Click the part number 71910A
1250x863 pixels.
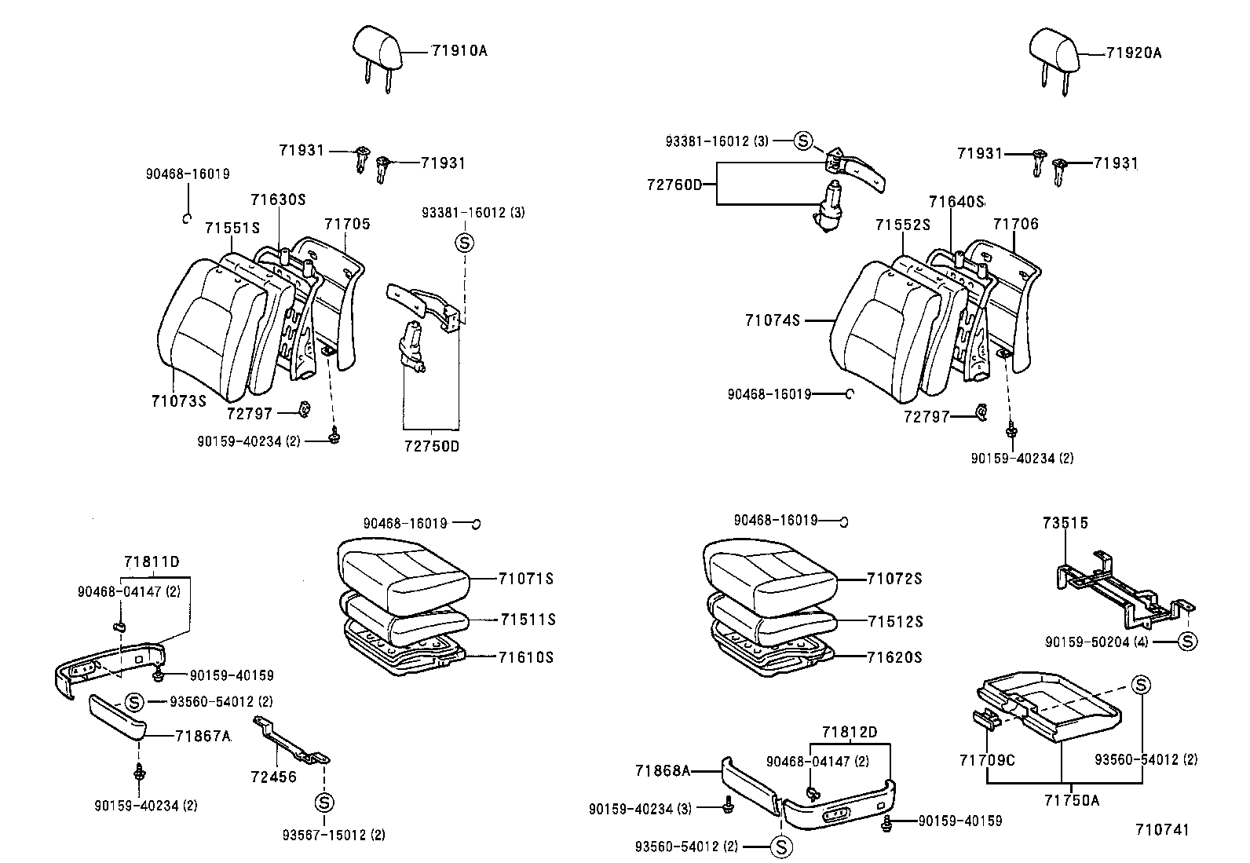coord(459,51)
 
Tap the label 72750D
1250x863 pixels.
coord(431,447)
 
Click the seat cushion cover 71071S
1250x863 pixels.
coord(403,566)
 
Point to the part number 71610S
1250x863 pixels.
coord(525,657)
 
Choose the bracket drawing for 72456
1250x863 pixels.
coord(291,743)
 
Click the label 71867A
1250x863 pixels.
coord(203,736)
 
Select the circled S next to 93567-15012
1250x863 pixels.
coord(323,803)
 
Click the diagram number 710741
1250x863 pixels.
coord(1162,830)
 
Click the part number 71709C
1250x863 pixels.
coord(987,760)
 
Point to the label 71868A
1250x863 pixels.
coord(663,771)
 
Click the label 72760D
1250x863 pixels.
coord(674,185)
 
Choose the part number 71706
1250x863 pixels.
coord(1015,225)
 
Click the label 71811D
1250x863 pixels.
coord(152,562)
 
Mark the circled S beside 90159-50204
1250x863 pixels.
coord(1188,642)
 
